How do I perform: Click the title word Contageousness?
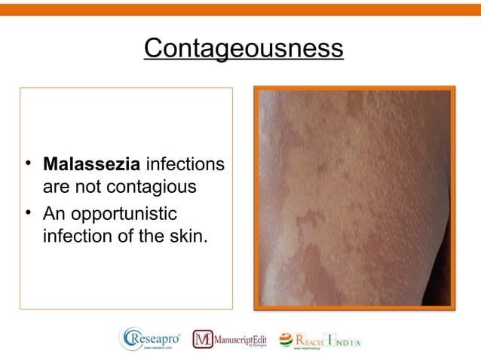pyautogui.click(x=243, y=49)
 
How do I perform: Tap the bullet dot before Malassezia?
pyautogui.click(x=28, y=163)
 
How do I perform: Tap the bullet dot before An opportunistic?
pyautogui.click(x=28, y=213)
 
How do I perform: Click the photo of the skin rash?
pyautogui.click(x=354, y=197)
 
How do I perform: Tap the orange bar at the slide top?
pyautogui.click(x=240, y=7)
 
